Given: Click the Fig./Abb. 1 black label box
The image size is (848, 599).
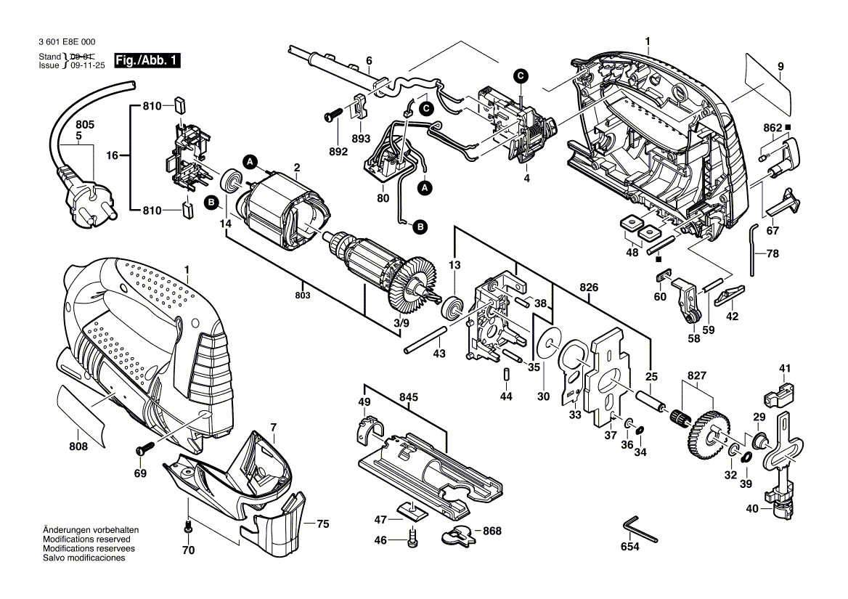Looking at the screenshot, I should coord(147,61).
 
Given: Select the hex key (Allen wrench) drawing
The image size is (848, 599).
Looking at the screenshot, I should coord(638,529).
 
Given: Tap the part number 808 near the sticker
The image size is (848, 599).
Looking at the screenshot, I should coord(78,447).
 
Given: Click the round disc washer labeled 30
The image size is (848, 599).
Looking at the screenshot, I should coord(550,340).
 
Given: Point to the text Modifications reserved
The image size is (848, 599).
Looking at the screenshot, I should coord(86,540).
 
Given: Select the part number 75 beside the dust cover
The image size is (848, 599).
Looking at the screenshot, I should coord(322,523).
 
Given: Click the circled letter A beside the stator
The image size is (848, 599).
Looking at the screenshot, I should coord(249,161).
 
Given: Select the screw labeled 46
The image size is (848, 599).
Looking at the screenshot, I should coord(413,539).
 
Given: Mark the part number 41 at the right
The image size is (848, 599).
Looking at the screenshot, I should coord(784,369).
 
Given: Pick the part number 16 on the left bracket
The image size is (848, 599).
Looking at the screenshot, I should coord(112,155).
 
